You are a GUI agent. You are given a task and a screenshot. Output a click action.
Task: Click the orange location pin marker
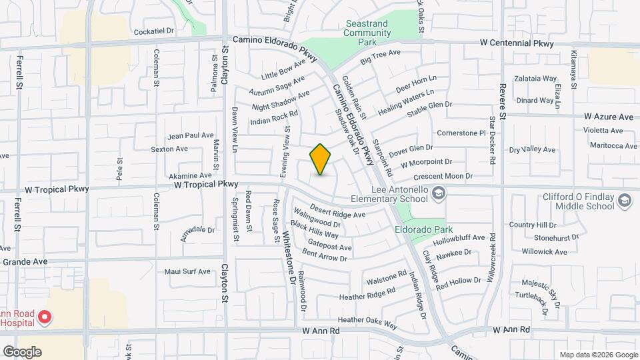(321, 159)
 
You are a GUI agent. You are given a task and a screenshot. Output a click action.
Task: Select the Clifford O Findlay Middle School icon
(624, 201)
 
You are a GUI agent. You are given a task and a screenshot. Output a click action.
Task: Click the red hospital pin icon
(45, 317)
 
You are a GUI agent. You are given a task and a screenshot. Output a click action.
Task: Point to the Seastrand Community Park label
(368, 33)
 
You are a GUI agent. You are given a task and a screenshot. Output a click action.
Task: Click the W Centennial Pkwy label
(517, 43)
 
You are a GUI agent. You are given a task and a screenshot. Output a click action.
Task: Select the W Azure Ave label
(608, 117)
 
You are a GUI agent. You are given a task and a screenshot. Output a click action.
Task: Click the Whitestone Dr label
(289, 256)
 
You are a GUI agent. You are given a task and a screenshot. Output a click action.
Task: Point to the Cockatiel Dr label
(153, 31)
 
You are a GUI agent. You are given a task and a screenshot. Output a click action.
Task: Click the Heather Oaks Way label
(367, 323)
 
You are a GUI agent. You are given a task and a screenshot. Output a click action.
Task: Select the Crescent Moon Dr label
(443, 177)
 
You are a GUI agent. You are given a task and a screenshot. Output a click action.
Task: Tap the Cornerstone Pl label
(461, 133)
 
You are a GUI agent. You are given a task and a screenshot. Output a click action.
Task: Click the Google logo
(22, 351)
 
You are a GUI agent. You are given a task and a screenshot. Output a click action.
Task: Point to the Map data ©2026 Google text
(598, 355)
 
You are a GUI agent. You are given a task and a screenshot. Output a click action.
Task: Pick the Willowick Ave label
(544, 252)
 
